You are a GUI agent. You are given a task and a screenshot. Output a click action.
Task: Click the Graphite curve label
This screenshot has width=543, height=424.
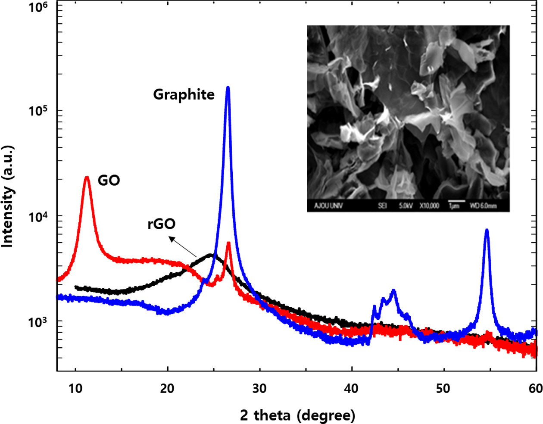(x=184, y=94)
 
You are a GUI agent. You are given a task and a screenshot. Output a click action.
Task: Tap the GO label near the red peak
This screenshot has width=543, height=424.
(x=109, y=180)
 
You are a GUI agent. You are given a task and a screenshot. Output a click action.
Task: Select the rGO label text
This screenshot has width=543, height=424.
(x=162, y=224)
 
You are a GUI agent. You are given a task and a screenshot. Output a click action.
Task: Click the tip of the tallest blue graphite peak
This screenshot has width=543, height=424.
(x=228, y=88)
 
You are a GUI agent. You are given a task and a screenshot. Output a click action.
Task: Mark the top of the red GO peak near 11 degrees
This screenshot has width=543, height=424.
(x=87, y=177)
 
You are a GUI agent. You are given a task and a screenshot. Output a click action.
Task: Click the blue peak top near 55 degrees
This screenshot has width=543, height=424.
(x=487, y=230)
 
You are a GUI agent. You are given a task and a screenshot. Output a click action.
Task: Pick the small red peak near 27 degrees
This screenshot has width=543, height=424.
(x=228, y=243)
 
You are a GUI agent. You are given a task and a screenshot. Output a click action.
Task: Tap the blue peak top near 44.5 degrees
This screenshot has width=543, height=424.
(x=393, y=291)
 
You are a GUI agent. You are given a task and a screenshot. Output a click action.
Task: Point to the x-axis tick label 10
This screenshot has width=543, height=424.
(x=75, y=388)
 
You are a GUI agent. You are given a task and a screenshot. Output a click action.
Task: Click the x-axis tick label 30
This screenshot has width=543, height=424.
(x=259, y=388)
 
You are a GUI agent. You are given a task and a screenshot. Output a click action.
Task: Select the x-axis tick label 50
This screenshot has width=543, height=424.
(x=443, y=388)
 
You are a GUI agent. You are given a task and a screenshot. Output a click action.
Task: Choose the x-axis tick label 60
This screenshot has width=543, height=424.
(x=535, y=388)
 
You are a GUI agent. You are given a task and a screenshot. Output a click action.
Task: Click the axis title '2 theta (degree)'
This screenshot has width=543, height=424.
(x=298, y=415)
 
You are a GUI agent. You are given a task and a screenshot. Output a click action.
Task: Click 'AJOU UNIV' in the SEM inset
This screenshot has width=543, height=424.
(x=328, y=206)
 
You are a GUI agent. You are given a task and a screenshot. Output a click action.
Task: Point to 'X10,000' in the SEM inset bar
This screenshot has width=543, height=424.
(x=430, y=206)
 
